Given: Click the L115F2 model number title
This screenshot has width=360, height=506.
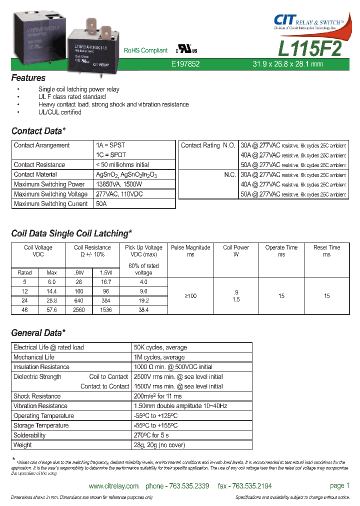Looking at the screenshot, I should [309, 49].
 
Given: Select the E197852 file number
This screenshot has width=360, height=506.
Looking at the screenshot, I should [185, 64].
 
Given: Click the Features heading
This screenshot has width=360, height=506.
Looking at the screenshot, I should [28, 78].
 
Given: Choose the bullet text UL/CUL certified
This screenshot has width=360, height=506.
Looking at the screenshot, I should [59, 112].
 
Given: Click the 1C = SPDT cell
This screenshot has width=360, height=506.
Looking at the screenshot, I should [110, 155].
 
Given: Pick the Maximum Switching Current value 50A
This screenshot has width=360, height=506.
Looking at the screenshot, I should [101, 204].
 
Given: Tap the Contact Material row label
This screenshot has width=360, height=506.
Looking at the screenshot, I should [35, 174].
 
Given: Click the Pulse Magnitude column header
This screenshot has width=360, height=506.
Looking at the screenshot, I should [190, 251].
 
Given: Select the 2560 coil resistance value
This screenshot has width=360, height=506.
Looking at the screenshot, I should [78, 310].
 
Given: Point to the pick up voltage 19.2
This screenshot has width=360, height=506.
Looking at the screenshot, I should [143, 301].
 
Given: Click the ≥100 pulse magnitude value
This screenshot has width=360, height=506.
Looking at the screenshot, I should [190, 296].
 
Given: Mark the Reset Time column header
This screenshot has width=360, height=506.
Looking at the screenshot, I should [326, 251].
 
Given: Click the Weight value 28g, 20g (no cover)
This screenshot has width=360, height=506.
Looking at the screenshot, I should [159, 445].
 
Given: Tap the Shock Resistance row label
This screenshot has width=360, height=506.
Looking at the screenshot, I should [37, 396].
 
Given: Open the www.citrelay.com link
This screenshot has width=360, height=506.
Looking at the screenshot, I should [113, 486].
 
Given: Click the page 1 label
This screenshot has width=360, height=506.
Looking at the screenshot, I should [339, 485].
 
